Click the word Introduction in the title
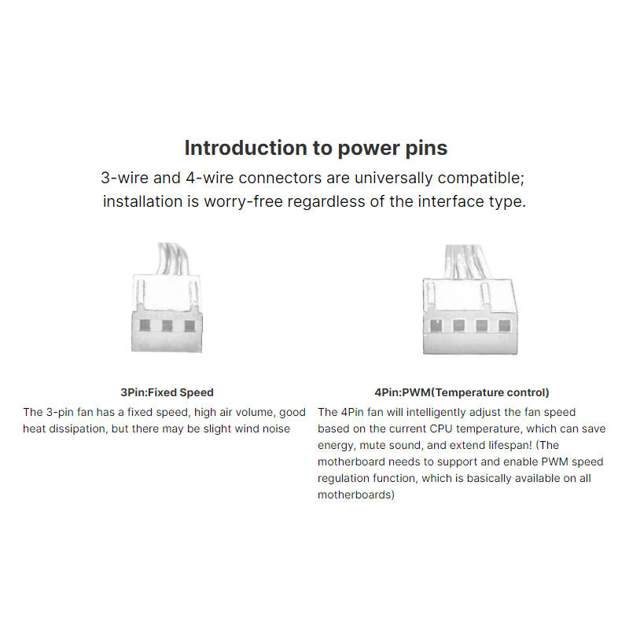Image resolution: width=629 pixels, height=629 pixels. point(246,148)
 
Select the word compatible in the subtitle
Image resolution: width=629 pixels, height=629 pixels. point(480,178)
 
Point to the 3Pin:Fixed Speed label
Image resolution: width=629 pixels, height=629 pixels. point(167,392)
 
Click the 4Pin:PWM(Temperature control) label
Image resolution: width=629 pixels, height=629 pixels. point(462,392)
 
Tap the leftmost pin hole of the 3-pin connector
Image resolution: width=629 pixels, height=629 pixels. point(145,326)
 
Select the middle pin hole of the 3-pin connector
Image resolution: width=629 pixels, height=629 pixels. point(167,326)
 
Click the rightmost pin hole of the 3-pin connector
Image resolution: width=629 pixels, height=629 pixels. point(189,326)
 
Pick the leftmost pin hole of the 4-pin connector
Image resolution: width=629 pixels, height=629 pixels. point(436,326)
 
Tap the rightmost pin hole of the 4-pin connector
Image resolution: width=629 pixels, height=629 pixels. point(504,326)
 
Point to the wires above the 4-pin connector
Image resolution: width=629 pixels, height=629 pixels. point(468,263)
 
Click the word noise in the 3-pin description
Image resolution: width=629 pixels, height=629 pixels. point(276,429)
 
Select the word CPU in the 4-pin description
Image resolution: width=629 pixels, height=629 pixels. point(441,429)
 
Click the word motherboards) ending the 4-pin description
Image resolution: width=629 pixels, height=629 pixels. point(356,495)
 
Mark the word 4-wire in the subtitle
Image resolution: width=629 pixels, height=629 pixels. point(210,178)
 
